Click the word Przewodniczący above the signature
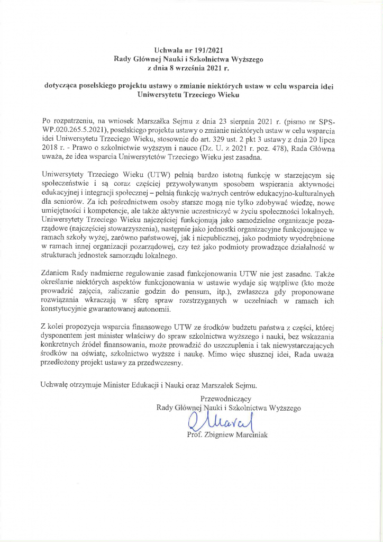click(226, 399)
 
